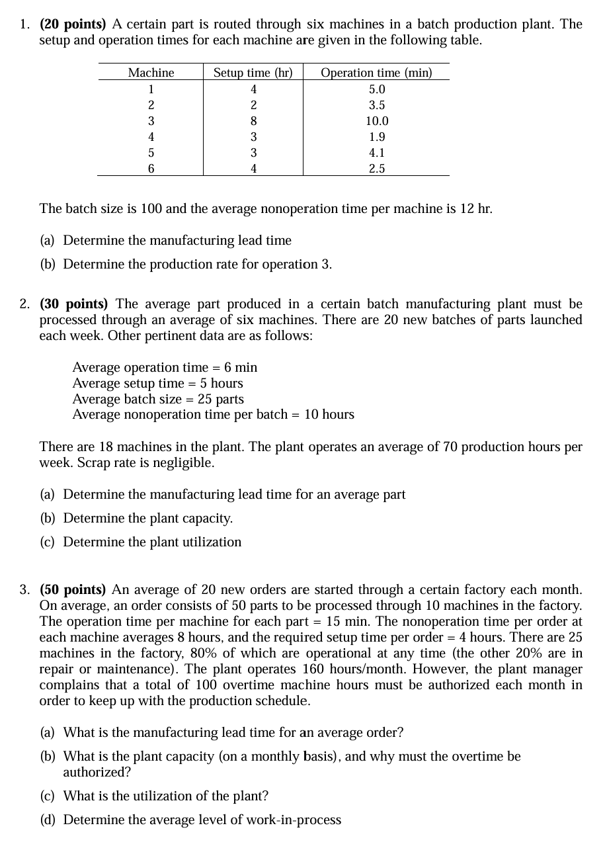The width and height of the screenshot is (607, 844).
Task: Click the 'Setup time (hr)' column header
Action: point(253,73)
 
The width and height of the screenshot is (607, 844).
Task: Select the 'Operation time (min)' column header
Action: point(376,73)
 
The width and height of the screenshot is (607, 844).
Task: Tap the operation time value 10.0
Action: point(377,121)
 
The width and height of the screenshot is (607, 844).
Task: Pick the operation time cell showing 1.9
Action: point(377,137)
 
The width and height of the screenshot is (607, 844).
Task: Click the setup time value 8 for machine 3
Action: point(253,121)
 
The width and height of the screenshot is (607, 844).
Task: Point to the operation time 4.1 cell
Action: point(377,153)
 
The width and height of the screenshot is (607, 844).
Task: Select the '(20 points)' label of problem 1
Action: point(73,24)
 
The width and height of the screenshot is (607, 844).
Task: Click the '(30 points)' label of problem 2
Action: point(73,304)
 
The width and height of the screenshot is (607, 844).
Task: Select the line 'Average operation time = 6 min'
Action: point(165,367)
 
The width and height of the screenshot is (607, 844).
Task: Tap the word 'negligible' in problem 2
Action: point(184,463)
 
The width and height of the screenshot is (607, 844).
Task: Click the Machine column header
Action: point(151,73)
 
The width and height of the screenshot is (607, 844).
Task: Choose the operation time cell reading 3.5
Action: point(377,105)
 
